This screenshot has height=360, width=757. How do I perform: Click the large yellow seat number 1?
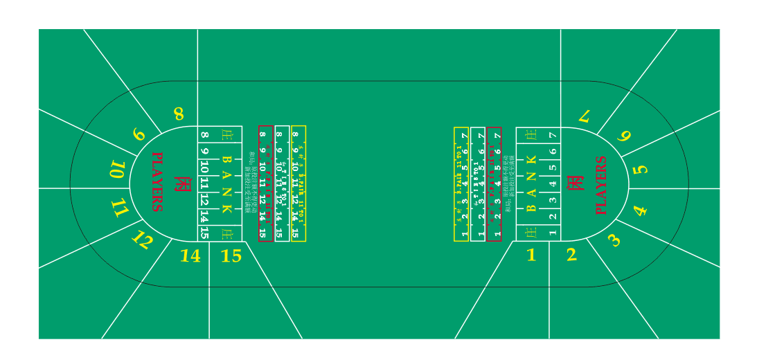531,255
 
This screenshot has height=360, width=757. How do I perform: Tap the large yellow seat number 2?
571,255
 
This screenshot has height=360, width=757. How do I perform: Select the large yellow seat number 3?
614,240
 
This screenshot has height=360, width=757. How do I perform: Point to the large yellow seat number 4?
639,210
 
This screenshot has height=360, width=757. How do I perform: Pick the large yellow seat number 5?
641,169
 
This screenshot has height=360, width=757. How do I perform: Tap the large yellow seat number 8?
179,114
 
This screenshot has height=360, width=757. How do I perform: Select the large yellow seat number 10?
118,170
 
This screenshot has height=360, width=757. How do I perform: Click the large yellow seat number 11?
121,208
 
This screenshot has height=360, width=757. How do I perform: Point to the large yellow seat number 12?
142,240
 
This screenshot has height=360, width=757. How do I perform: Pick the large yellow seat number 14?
190,256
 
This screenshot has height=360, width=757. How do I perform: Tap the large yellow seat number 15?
231,256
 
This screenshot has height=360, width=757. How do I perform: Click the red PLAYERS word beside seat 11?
157,182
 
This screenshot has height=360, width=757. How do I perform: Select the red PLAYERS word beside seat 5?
600,186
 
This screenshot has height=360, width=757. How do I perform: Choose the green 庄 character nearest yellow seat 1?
531,233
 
